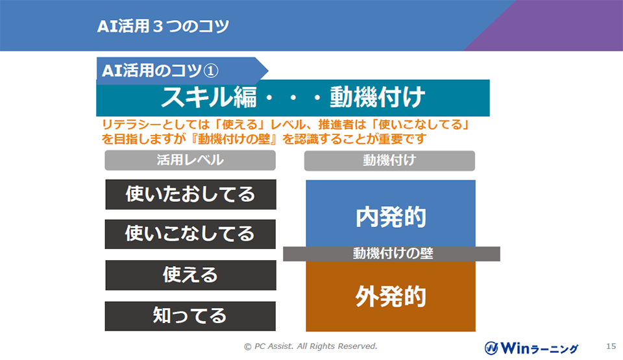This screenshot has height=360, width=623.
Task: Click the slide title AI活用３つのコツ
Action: click(x=163, y=26)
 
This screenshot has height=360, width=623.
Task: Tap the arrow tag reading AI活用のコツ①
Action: click(x=182, y=71)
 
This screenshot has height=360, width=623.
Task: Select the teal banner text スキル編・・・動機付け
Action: click(x=293, y=97)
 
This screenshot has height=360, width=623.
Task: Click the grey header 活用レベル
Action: click(x=190, y=160)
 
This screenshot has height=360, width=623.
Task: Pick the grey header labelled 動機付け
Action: click(x=389, y=160)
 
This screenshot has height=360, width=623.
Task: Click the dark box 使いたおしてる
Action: click(x=191, y=195)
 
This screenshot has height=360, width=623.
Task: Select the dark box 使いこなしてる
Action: click(x=190, y=234)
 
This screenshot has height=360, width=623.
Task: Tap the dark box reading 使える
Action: click(x=191, y=275)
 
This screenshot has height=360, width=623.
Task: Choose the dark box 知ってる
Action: click(x=190, y=316)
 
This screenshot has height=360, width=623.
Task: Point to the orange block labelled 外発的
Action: click(x=391, y=296)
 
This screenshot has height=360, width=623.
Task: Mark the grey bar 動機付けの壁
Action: click(x=391, y=254)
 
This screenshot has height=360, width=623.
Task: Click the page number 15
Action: click(x=611, y=346)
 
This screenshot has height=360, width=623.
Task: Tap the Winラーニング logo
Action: click(x=531, y=348)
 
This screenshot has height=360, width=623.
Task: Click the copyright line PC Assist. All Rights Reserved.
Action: click(x=311, y=346)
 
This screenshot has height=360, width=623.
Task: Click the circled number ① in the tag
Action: click(x=211, y=71)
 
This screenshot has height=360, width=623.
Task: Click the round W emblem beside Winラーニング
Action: click(x=491, y=348)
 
